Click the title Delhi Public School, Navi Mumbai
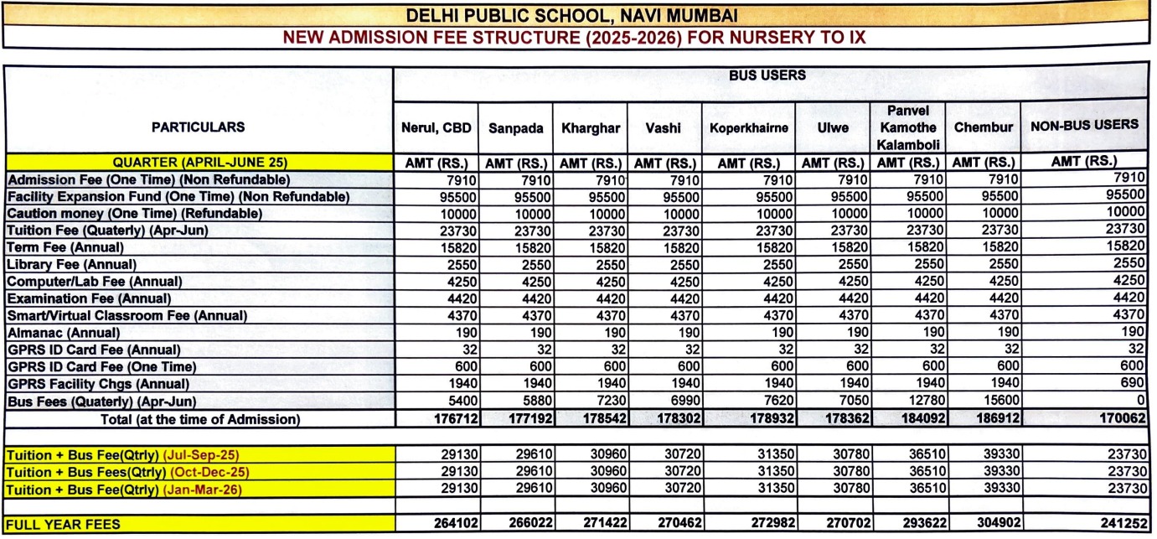click(571, 15)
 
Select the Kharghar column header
click(591, 128)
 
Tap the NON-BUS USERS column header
click(1083, 124)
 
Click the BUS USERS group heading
click(767, 75)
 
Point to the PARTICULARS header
click(198, 127)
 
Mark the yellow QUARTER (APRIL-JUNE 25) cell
click(199, 163)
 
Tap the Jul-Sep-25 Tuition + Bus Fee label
click(122, 455)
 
